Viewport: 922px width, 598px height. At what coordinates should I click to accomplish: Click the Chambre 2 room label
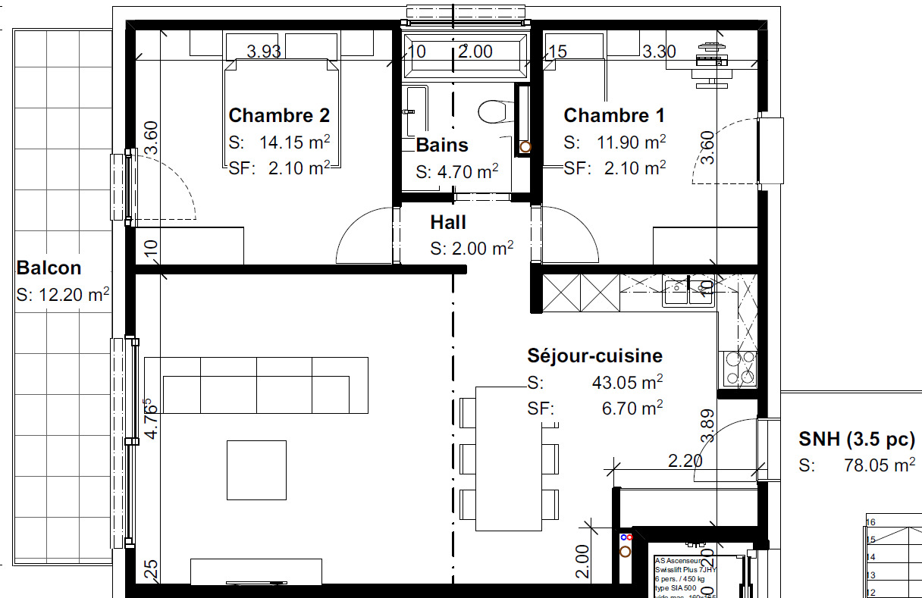279,116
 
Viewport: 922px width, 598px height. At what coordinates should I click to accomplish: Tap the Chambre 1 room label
614,116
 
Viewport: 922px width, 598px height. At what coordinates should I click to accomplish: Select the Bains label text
442,146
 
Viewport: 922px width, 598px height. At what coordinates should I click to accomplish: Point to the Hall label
448,223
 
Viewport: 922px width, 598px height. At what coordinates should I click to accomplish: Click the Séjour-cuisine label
594,356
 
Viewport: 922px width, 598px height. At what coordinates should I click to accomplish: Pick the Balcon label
49,268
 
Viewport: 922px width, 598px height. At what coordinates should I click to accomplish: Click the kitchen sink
688,292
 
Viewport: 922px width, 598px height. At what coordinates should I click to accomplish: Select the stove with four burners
739,368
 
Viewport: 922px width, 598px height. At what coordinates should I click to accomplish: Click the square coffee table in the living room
257,470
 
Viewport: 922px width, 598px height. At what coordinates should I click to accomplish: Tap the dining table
509,459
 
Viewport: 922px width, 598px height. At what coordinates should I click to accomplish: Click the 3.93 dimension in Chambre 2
264,52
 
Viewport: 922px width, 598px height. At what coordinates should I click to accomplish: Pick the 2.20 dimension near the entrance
685,460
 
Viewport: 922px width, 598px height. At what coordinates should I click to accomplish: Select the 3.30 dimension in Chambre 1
659,52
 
